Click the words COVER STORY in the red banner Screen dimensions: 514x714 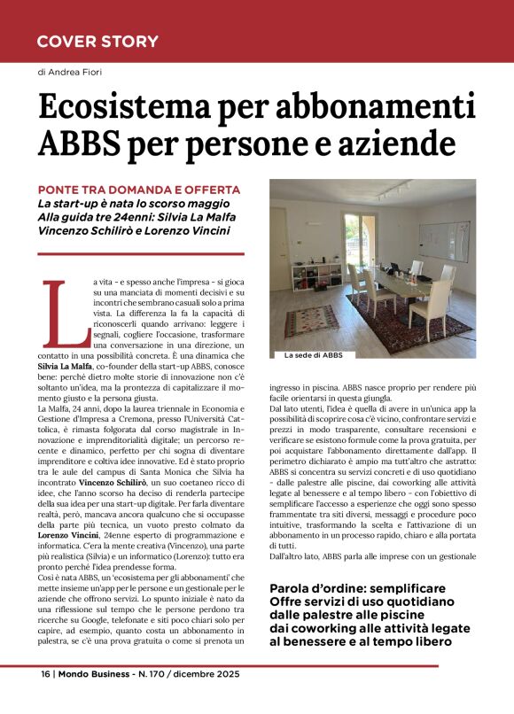(x=97, y=42)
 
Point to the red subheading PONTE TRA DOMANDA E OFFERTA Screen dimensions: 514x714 (x=139, y=190)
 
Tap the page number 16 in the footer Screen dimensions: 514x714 (x=44, y=673)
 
